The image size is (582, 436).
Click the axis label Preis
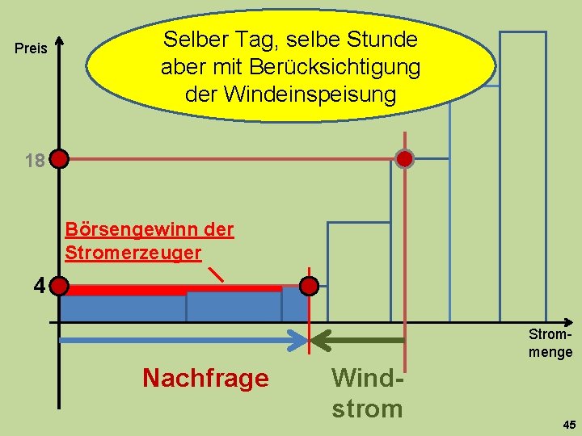(32, 49)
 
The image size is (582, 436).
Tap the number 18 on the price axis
(34, 161)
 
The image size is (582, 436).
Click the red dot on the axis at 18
(60, 159)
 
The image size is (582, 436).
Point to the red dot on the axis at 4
(60, 287)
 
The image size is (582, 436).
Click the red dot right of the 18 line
(404, 158)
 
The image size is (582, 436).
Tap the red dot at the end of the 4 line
(309, 287)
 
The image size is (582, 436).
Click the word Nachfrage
(205, 378)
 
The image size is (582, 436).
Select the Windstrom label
(367, 392)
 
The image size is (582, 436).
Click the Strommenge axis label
(551, 342)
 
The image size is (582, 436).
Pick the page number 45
(568, 424)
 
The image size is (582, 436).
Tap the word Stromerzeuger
(133, 252)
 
